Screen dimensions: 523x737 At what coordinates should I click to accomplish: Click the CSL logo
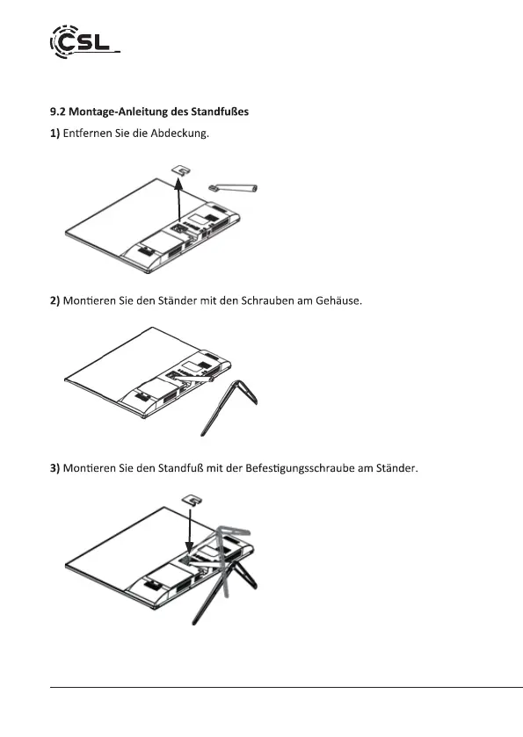pyautogui.click(x=84, y=42)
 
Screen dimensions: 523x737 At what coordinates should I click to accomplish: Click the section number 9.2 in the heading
pyautogui.click(x=58, y=112)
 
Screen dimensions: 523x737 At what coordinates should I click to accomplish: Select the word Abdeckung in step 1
pyautogui.click(x=179, y=134)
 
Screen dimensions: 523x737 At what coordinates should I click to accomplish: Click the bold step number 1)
pyautogui.click(x=55, y=134)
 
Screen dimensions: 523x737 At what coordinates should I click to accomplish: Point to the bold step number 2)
pyautogui.click(x=55, y=300)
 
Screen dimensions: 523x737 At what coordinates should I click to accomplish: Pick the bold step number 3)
pyautogui.click(x=55, y=468)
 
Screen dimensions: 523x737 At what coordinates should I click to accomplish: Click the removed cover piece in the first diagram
pyautogui.click(x=181, y=170)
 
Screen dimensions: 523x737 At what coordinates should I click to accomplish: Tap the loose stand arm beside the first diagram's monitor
pyautogui.click(x=233, y=188)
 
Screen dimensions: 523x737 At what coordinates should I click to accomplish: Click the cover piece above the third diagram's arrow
pyautogui.click(x=192, y=499)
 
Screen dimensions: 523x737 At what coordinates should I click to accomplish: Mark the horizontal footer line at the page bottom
pyautogui.click(x=287, y=687)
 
